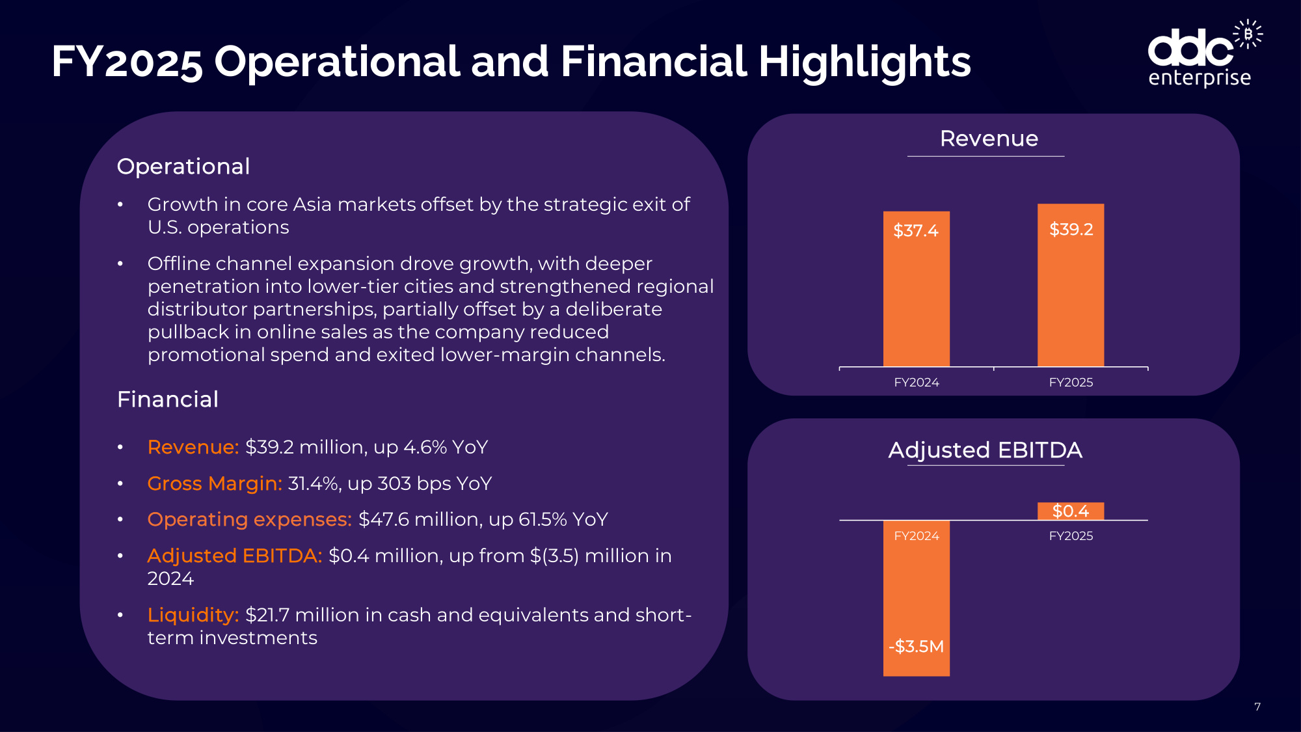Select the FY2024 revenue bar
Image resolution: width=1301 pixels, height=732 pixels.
coord(916,289)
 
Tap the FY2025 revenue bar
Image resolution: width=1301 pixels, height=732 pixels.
coord(1071,286)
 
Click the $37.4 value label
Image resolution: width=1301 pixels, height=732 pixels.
coord(916,230)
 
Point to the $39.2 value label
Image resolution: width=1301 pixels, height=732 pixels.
coord(1071,229)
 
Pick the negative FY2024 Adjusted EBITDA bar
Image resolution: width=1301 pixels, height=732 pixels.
coord(916,598)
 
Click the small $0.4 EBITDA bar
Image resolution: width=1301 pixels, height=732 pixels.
coord(1071,511)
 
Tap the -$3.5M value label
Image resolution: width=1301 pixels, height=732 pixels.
coord(916,646)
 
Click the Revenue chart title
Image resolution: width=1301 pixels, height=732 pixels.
coord(989,139)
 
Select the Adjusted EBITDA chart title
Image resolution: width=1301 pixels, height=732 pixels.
coord(986,450)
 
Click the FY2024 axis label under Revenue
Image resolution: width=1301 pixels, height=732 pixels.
coord(917,383)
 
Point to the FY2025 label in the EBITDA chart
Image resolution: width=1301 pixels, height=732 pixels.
coord(1071,536)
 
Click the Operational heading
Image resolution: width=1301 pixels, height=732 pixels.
coord(183,167)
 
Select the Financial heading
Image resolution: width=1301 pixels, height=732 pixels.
coord(168,400)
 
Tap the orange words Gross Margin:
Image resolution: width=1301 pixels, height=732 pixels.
coord(215,483)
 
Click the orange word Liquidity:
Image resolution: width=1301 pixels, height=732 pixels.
coord(193,615)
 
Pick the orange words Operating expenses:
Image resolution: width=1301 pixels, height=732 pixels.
coord(250,519)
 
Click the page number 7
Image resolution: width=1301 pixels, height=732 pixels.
coord(1257,707)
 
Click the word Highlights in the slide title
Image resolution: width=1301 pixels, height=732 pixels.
coord(865,62)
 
